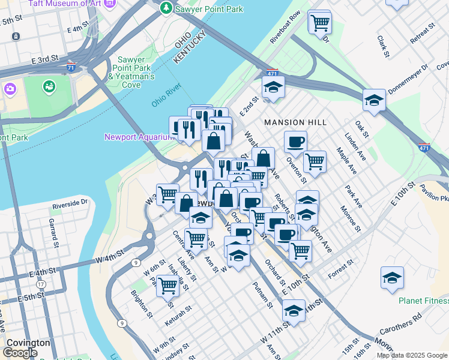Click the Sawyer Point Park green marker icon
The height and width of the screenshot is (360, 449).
(x=166, y=8)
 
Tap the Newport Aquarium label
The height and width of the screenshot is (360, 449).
(x=139, y=137)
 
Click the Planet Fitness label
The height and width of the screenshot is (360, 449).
(x=424, y=301)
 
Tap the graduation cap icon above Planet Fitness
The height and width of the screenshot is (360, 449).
(x=392, y=278)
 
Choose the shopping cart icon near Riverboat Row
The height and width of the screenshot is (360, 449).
(x=320, y=23)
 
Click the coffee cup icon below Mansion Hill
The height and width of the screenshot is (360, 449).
(x=295, y=142)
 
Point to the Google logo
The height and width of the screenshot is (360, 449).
(x=20, y=353)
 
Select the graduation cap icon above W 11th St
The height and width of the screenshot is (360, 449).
(x=294, y=311)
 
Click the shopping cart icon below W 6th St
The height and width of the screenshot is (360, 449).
(x=167, y=286)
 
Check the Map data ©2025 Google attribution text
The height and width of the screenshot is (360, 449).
(x=412, y=355)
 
